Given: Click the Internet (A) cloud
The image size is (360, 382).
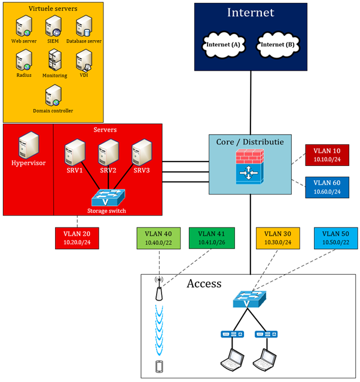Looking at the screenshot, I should [x=224, y=45].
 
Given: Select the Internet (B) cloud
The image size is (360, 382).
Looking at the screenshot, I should [x=277, y=45].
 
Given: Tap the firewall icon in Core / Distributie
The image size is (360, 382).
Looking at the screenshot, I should [x=250, y=167].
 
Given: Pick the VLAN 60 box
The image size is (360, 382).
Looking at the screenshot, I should [x=327, y=187].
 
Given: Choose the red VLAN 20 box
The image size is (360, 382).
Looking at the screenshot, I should [x=77, y=238].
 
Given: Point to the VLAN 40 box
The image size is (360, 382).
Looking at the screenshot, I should [x=158, y=238].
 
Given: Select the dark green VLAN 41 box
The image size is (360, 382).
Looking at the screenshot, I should [x=211, y=238].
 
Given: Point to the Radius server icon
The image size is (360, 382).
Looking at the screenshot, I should [x=24, y=60].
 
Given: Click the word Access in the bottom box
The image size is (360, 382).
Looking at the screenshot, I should [x=204, y=284].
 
